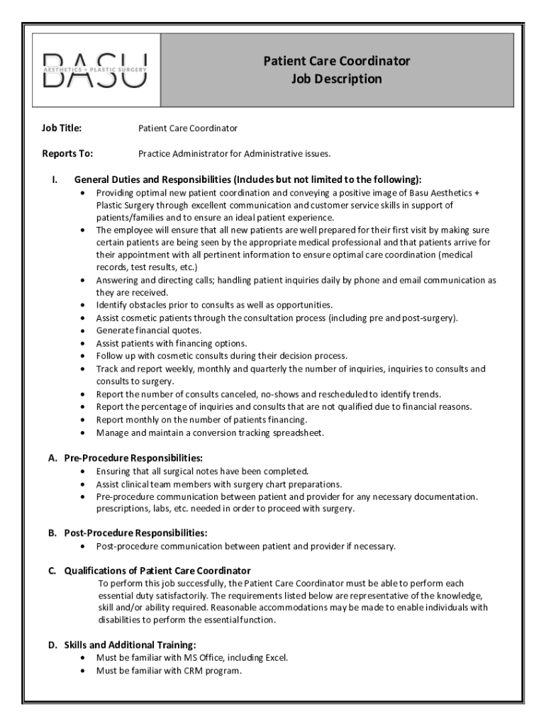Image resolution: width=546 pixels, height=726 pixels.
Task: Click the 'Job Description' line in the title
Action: (336, 79)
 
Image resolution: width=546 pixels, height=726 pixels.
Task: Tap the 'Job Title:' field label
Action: (62, 128)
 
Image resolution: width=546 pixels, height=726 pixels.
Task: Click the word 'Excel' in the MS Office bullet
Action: (274, 657)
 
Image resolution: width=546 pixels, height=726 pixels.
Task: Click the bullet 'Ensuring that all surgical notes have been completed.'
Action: (203, 470)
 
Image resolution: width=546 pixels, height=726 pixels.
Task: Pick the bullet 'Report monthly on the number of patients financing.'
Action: (197, 420)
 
